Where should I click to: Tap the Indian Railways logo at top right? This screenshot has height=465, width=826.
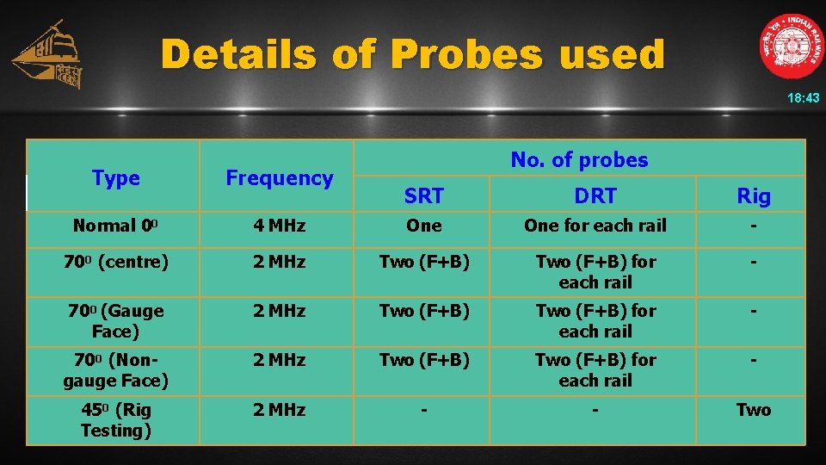point(791,46)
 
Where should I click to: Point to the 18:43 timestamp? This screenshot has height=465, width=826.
point(804,99)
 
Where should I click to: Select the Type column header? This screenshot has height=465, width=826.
point(115,178)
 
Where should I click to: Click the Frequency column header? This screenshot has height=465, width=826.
point(279,178)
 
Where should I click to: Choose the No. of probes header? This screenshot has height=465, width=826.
point(579,159)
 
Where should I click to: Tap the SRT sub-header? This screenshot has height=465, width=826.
point(423,196)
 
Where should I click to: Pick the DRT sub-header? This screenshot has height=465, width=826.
point(595,196)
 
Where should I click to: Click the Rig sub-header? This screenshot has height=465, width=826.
point(754,196)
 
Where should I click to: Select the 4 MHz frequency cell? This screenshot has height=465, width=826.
point(279,226)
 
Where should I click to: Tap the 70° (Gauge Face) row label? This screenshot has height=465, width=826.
point(115,320)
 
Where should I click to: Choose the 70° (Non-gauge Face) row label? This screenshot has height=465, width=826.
point(115,369)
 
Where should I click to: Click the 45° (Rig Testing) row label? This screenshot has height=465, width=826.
point(115,419)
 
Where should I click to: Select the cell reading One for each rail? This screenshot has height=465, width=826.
point(595,226)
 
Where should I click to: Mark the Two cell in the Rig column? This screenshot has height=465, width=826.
point(754,410)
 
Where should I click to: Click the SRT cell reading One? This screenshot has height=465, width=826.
point(423,226)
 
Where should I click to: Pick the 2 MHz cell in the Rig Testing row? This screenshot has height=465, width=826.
point(279,410)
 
